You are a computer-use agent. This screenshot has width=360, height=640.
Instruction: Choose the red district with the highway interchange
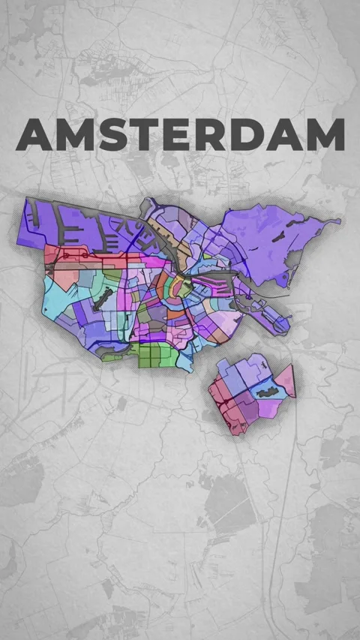point(225,401)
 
